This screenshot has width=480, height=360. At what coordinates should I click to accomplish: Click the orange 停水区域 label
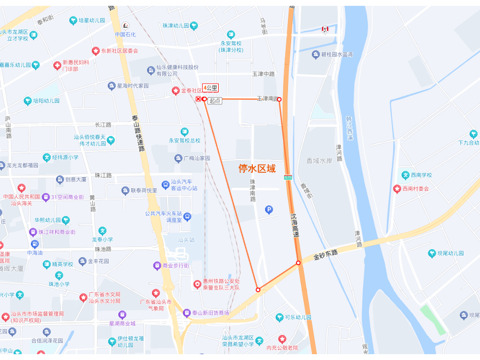pos(257,169)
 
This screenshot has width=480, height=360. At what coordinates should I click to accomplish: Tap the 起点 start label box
pos(215,100)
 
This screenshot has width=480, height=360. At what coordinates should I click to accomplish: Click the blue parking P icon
pos(269,210)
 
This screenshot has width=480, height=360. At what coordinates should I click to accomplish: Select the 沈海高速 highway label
pos(294,226)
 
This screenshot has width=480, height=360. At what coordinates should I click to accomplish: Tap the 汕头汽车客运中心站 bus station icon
pos(166,185)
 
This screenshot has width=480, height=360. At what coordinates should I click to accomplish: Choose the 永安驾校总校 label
pos(185,140)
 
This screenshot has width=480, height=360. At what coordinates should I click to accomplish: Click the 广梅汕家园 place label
pos(196,158)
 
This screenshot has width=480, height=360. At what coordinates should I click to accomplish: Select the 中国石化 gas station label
pos(127,35)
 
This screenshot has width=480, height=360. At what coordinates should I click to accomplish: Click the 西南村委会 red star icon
pos(397,188)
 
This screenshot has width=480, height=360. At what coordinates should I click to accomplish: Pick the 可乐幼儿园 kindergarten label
pos(298,317)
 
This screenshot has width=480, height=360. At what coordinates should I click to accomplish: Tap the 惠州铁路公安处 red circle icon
pos(197,284)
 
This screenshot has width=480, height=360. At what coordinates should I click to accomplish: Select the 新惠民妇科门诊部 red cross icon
pos(58,65)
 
